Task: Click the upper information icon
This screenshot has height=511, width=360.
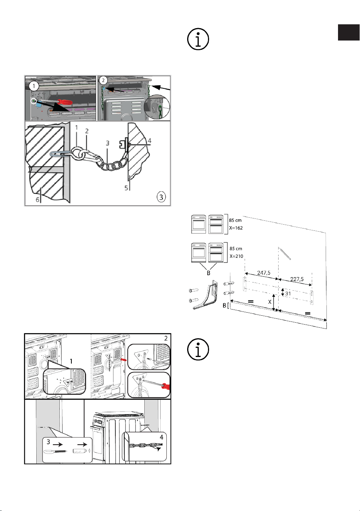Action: pyautogui.click(x=198, y=39)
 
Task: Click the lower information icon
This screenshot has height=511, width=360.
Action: pyautogui.click(x=198, y=349)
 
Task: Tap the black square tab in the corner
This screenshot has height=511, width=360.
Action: pyautogui.click(x=348, y=32)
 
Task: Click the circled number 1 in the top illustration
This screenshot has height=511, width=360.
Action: pyautogui.click(x=34, y=86)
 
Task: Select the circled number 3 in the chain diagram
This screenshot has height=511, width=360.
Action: pyautogui.click(x=161, y=197)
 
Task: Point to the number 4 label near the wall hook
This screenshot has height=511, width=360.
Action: pyautogui.click(x=149, y=141)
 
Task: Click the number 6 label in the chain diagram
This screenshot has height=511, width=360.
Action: pyautogui.click(x=38, y=200)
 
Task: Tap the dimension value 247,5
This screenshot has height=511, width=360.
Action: pyautogui.click(x=264, y=272)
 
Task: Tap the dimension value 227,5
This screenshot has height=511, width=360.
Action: pyautogui.click(x=297, y=279)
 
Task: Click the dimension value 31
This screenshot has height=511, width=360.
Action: pyautogui.click(x=288, y=293)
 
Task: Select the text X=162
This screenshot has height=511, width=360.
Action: pyautogui.click(x=236, y=228)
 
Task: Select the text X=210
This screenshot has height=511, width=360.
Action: pyautogui.click(x=237, y=256)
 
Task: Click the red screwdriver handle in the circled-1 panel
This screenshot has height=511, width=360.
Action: pyautogui.click(x=65, y=102)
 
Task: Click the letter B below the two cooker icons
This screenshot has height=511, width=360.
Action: pyautogui.click(x=208, y=273)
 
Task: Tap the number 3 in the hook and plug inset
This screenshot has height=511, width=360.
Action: pyautogui.click(x=48, y=442)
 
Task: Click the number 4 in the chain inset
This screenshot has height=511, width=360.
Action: pyautogui.click(x=162, y=437)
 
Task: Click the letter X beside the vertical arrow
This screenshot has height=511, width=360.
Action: pyautogui.click(x=270, y=302)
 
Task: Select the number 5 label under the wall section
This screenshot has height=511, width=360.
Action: pyautogui.click(x=126, y=188)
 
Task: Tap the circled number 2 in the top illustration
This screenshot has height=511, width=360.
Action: pyautogui.click(x=103, y=80)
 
